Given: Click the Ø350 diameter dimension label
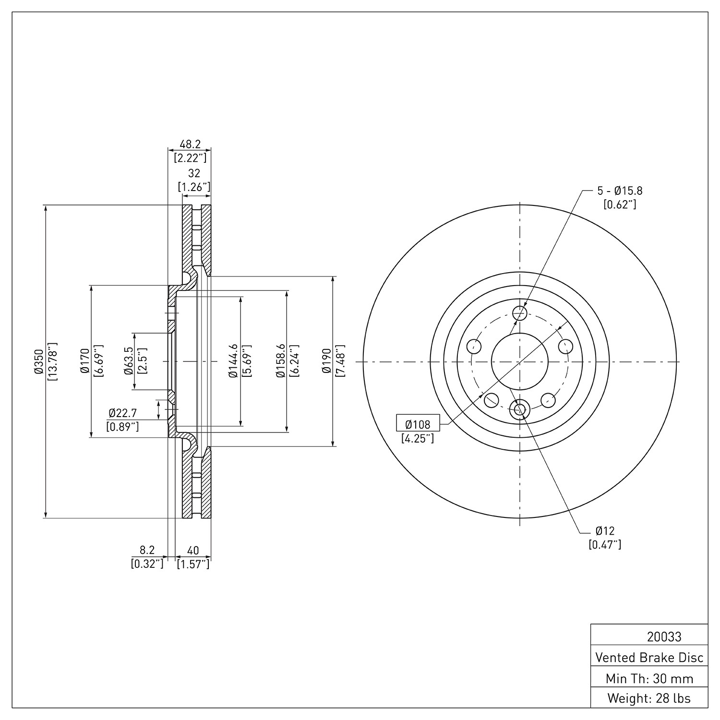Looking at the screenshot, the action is point(38,361).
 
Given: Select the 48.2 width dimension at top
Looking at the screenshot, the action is point(190,144).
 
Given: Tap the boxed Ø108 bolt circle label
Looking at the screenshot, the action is point(418,424).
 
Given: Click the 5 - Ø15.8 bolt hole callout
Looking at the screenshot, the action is point(620,191).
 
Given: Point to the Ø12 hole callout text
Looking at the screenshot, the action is point(605,531).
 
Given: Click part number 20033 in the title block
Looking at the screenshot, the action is point(664,637).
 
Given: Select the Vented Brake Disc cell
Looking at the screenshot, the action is point(649,657).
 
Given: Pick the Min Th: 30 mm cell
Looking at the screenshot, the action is point(649,678).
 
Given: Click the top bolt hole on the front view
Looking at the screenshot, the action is point(520,313).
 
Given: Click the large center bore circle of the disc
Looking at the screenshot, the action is point(520,361).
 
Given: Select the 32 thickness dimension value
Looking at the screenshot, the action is point(194,173).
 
